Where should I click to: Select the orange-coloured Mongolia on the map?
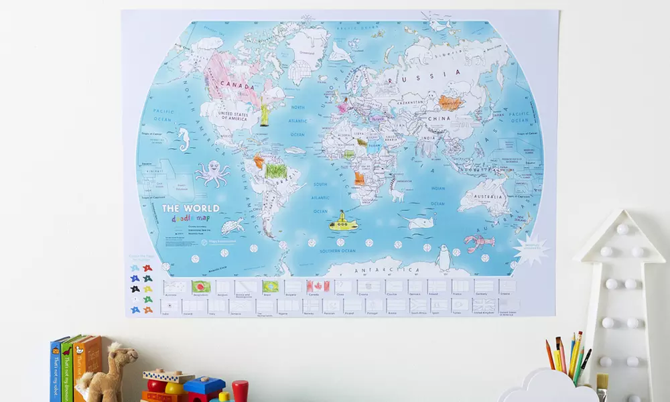click(449, 103)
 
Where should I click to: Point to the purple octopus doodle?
click(212, 172)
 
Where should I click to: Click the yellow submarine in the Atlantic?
click(342, 222)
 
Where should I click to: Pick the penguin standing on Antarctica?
click(443, 257)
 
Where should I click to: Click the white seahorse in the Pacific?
click(183, 139)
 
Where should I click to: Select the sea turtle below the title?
click(232, 226)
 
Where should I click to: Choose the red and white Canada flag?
click(318, 286)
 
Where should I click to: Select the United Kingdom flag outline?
click(483, 305)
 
